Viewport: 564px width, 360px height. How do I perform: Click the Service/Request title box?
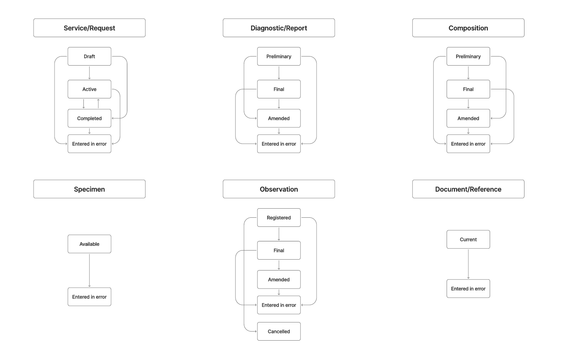89,28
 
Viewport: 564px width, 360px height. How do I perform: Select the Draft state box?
89,57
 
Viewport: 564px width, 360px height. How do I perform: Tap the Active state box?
89,89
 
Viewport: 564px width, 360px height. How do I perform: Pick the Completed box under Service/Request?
89,119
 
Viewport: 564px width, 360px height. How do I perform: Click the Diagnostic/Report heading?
279,28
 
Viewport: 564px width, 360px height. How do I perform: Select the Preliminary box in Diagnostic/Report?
279,57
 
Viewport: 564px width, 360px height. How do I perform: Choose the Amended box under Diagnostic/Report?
279,119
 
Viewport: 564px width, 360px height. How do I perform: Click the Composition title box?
468,28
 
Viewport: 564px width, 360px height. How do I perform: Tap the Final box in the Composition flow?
468,89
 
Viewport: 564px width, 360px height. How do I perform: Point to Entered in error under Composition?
468,144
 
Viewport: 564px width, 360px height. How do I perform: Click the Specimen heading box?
89,189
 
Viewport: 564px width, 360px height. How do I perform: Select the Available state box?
89,244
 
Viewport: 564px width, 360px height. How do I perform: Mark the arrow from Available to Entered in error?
89,270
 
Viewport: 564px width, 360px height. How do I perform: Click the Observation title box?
279,189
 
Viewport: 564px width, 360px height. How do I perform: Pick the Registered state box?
279,218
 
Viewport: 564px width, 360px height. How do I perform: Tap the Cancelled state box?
279,332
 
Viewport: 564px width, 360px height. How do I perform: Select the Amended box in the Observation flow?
279,280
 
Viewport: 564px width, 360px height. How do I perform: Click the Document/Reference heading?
468,189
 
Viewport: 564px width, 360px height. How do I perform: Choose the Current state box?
468,239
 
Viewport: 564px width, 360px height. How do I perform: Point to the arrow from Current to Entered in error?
468,264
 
